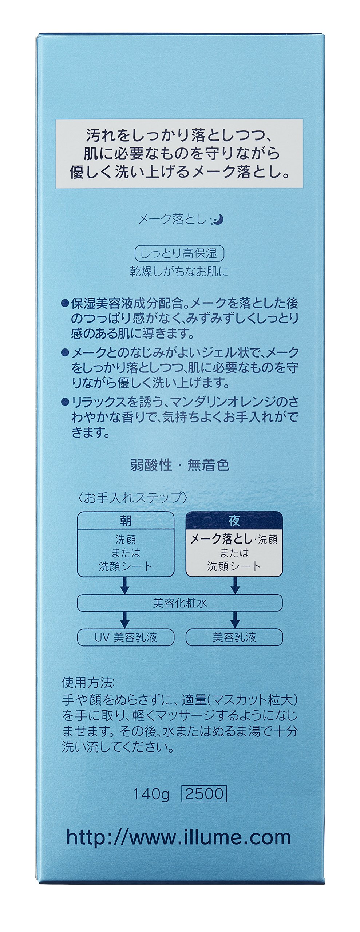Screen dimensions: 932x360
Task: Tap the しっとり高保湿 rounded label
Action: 179,253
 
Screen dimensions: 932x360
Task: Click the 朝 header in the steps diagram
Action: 126,521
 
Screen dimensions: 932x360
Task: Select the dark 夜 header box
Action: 234,521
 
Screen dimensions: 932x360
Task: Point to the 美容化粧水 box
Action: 179,603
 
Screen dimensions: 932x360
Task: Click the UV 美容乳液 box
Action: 126,637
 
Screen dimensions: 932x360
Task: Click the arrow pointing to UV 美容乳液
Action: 125,619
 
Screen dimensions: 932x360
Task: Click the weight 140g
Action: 151,794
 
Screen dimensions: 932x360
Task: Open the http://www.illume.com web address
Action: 178,837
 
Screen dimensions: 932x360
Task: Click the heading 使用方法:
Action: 88,683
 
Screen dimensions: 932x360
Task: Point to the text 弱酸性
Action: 151,465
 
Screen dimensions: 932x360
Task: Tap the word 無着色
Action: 208,465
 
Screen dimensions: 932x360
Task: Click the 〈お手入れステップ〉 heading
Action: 133,497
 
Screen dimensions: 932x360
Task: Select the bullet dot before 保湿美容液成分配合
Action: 65,303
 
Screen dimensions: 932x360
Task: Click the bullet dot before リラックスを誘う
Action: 65,402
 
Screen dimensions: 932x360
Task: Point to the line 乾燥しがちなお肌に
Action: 179,272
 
